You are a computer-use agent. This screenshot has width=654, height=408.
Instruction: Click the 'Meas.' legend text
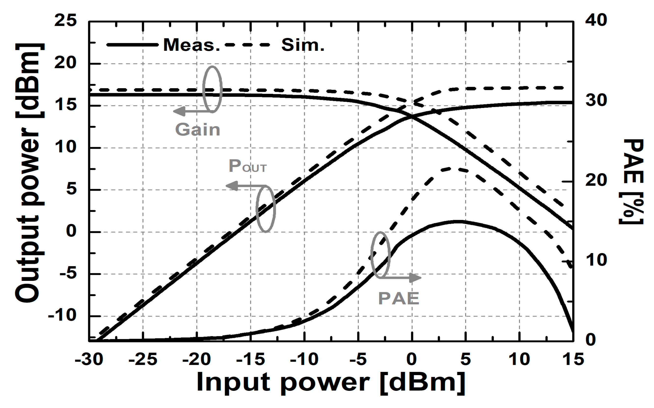191,45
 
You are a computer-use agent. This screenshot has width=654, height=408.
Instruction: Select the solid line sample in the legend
132,45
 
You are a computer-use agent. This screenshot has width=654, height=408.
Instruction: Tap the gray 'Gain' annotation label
198,130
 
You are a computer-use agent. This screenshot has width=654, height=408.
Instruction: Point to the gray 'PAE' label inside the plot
398,299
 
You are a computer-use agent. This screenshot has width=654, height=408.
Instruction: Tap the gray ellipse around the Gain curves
212,89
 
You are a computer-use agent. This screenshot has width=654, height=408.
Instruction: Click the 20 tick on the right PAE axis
596,180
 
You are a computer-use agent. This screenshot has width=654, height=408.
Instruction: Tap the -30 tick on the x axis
89,359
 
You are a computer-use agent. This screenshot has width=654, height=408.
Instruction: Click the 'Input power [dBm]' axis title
331,382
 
